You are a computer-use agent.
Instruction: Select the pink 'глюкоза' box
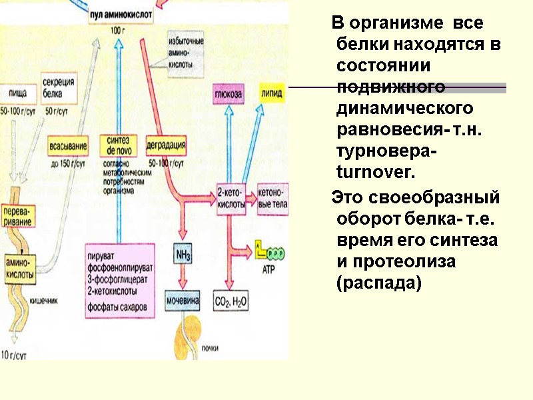tap(228, 94)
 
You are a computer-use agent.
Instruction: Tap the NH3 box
tap(183, 255)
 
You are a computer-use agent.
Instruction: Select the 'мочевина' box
tap(183, 301)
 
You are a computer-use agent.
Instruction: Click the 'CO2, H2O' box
tap(231, 301)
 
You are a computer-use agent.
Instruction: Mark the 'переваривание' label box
tap(19, 215)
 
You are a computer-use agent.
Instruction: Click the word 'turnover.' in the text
tap(376, 173)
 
